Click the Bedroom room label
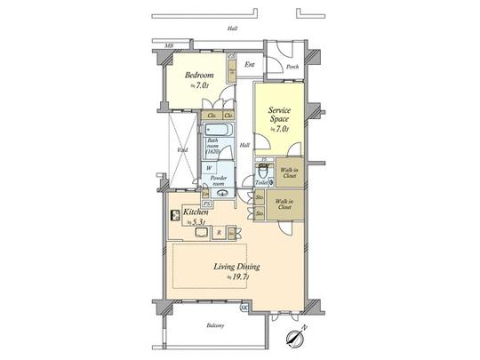point(197,76)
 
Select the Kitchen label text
point(196,213)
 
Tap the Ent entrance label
point(250,64)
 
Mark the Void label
point(180,150)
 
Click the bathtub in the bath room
point(219,129)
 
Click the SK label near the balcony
point(244,307)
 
